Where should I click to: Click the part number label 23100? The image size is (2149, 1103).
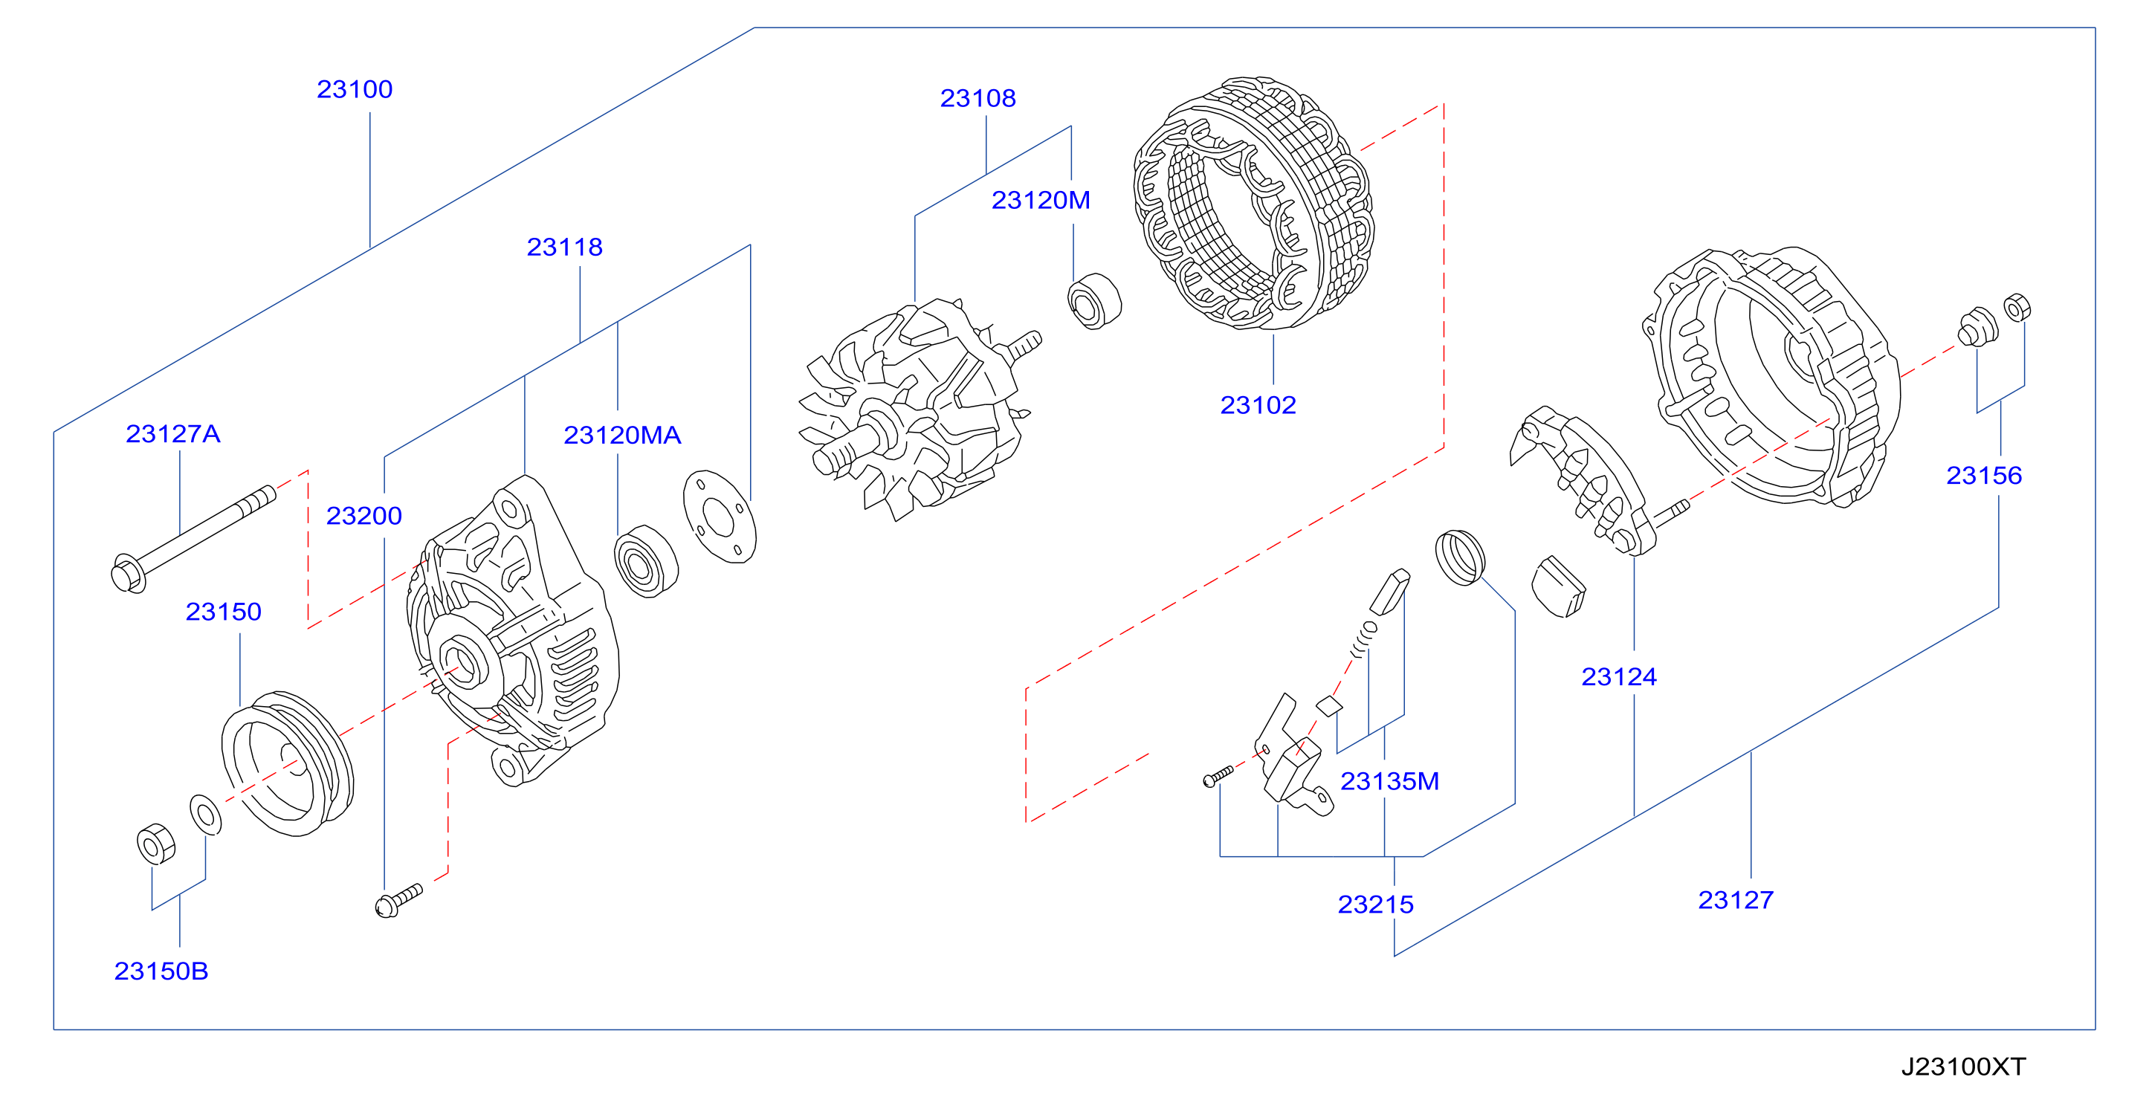coord(355,89)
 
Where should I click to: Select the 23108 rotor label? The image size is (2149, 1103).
coord(977,98)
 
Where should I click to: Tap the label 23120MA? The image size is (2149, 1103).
coord(622,435)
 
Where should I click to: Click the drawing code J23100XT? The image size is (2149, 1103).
coord(1963,1067)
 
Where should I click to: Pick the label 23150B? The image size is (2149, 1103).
coord(161,971)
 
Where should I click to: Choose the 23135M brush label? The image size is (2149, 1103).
coord(1390,781)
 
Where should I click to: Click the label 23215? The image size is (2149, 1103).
coord(1376,905)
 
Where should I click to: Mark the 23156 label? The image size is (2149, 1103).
coord(1984,476)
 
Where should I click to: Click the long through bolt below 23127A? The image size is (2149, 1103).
coord(193,539)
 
